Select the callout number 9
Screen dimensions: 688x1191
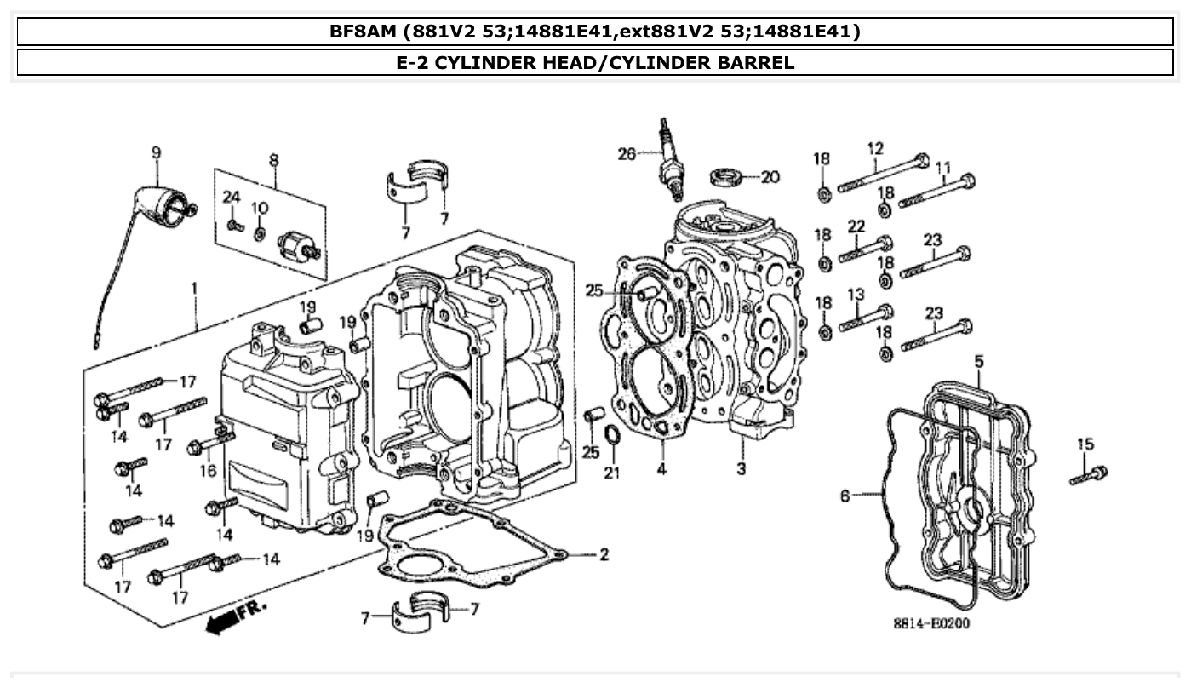point(156,153)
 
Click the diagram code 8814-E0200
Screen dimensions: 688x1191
point(930,624)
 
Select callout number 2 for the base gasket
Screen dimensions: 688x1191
point(603,555)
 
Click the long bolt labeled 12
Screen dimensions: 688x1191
point(884,173)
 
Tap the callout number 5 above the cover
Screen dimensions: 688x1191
point(979,362)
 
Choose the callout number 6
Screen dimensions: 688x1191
point(845,496)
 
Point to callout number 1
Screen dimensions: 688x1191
point(194,289)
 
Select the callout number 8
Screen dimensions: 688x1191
point(273,159)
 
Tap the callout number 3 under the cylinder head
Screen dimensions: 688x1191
point(741,469)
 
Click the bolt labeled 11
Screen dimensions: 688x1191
point(936,191)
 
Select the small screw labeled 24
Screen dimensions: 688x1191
point(234,225)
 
